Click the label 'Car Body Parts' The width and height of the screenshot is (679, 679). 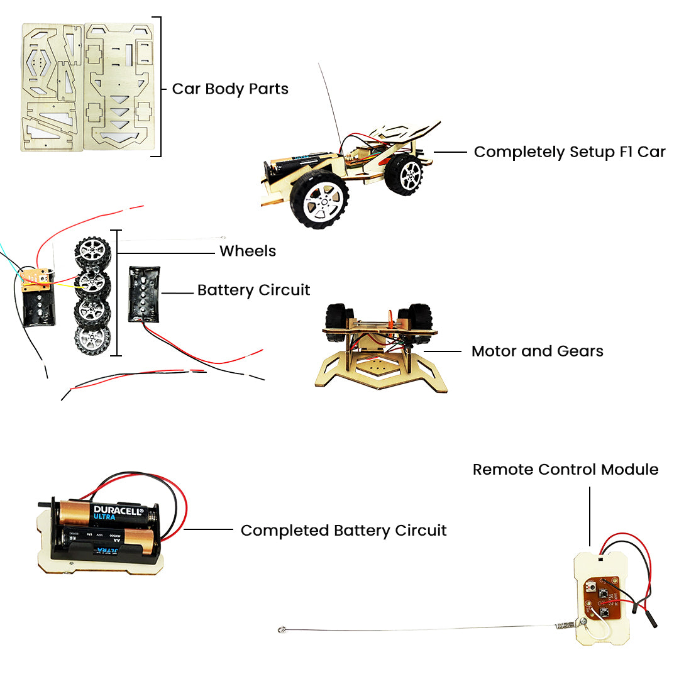coord(230,89)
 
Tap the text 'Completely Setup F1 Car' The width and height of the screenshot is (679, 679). coord(569,152)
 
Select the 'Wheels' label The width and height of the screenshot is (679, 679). coord(248,251)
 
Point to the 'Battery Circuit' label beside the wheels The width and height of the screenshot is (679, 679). coord(253,290)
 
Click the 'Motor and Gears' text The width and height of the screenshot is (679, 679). coord(537,351)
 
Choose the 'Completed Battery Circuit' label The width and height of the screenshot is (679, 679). coord(343,531)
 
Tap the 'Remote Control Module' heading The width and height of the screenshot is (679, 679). coord(565,470)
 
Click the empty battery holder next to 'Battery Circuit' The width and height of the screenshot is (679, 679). coord(144,294)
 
